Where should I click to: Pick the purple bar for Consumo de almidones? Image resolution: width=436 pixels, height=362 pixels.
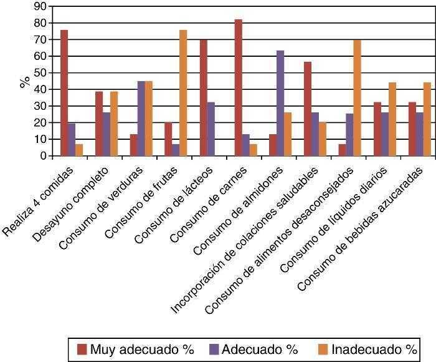(x=280, y=104)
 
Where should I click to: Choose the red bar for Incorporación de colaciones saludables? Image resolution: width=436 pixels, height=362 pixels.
(x=308, y=109)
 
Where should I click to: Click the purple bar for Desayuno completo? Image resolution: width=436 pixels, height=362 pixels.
(x=107, y=134)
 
